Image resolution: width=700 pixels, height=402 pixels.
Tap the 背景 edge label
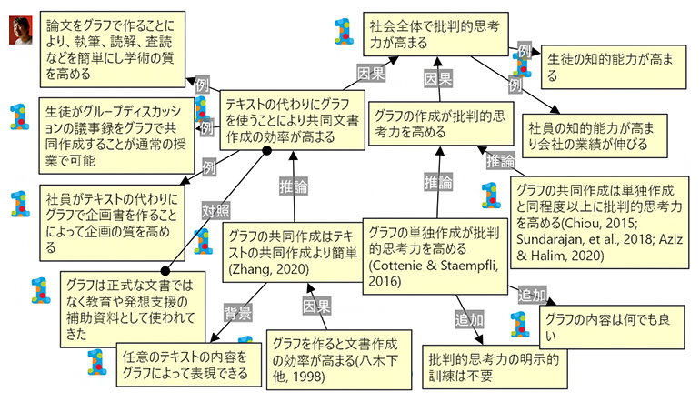pos(237,314)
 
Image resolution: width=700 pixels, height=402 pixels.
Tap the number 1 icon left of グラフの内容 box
pos(518,325)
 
